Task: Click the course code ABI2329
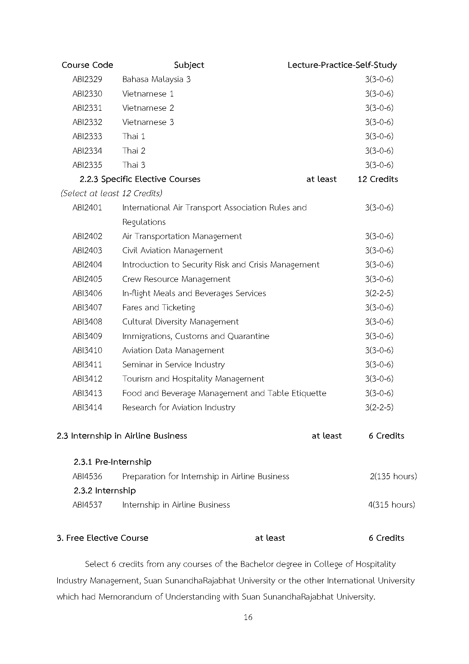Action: point(87,79)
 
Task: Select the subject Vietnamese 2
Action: point(148,108)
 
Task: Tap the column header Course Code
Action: point(87,65)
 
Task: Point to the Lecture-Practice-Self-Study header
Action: point(342,65)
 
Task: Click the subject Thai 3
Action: point(134,165)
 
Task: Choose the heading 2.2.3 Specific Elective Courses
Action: point(140,179)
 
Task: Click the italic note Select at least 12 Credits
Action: point(111,193)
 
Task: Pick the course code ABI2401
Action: point(87,208)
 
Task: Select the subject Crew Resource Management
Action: point(176,279)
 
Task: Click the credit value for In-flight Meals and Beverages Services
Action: point(379,293)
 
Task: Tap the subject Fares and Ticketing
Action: point(159,307)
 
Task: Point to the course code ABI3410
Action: point(87,350)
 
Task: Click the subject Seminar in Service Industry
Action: point(173,365)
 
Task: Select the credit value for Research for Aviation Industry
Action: point(379,407)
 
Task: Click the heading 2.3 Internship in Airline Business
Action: point(122,436)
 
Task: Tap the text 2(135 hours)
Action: point(393,476)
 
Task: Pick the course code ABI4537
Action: point(87,505)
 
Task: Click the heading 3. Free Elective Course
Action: point(103,538)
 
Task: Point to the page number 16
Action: point(248,617)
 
